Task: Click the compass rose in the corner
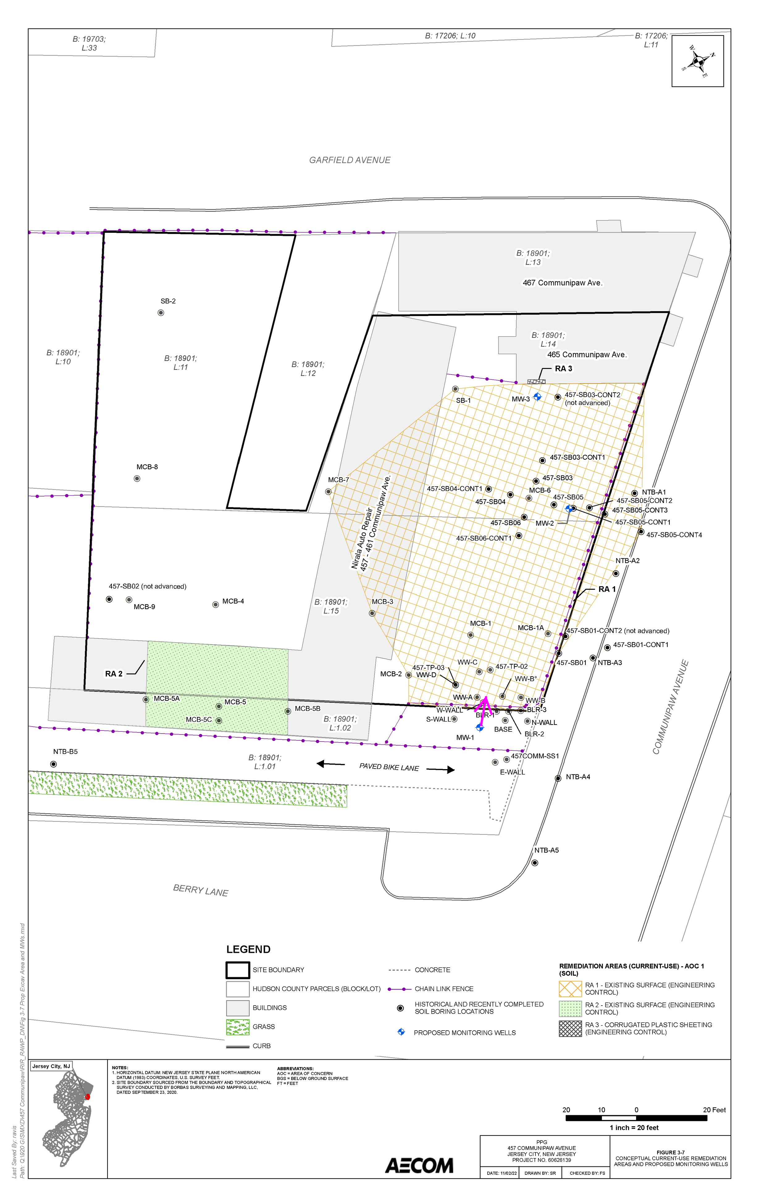pos(697,61)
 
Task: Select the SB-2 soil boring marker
pos(161,313)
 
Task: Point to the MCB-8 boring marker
pos(137,479)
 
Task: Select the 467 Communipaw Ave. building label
pos(562,283)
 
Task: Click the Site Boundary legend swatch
pos(237,970)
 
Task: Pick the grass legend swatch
pos(237,1027)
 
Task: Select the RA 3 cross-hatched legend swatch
pos(570,1028)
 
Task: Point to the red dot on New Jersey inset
pos(87,1097)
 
